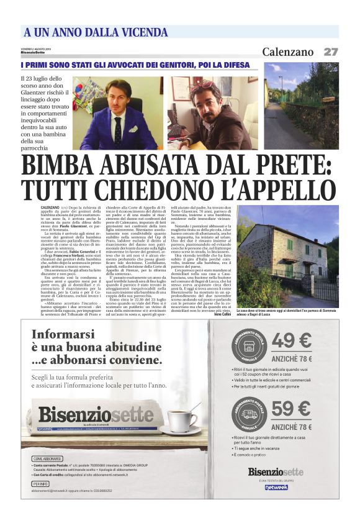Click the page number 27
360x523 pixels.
click(x=331, y=52)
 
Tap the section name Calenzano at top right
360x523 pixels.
click(x=287, y=52)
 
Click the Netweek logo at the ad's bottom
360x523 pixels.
click(x=276, y=487)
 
